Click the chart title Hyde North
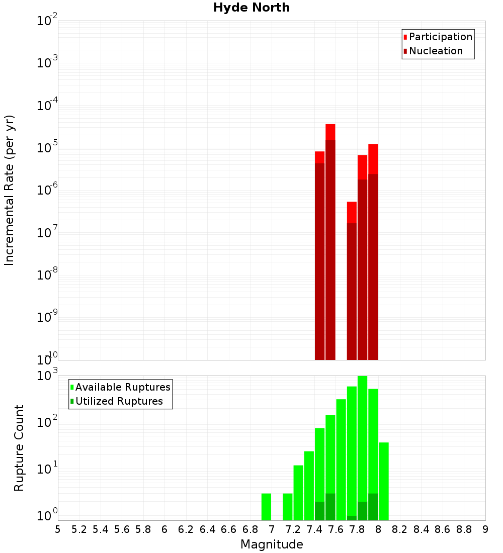point(251,8)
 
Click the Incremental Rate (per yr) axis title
point(9,191)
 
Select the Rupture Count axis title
point(19,447)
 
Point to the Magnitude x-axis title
point(272,544)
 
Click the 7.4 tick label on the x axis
point(314,529)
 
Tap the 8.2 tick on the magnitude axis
point(400,529)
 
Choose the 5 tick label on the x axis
point(58,529)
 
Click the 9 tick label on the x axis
point(485,529)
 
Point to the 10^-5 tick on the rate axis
point(47,148)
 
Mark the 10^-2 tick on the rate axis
point(47,21)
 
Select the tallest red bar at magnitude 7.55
point(330,241)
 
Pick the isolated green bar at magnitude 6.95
point(266,507)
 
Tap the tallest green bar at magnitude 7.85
point(362,447)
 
